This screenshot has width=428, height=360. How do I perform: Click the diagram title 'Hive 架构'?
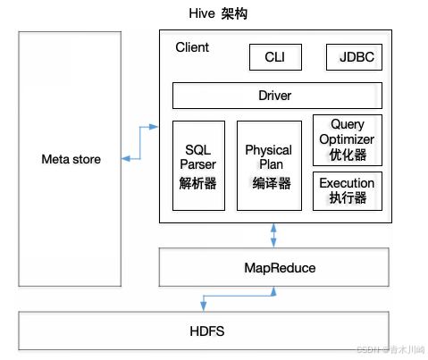coord(218,13)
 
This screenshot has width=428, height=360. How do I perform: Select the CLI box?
coord(275,57)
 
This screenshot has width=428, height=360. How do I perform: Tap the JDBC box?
coord(354,57)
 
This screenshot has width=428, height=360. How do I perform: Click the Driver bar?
coord(277,96)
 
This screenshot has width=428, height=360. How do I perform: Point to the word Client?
coord(192,47)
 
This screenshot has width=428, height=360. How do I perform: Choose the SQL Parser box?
coord(198,165)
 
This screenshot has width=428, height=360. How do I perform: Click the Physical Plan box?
coord(269,165)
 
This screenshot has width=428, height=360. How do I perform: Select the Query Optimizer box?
coord(348,140)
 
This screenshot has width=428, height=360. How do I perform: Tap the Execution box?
coord(348,191)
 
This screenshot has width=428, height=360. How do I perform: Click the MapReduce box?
coord(273,267)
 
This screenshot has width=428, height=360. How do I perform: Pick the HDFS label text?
coord(207,331)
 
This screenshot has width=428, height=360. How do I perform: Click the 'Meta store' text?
coord(71,159)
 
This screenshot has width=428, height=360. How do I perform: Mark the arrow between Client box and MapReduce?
coord(273,235)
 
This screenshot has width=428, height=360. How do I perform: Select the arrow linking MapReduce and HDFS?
coord(239,296)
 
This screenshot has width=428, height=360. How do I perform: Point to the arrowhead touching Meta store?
coord(126,159)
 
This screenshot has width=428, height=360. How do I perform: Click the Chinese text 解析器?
coord(197,183)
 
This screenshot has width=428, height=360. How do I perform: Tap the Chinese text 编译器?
coord(272,183)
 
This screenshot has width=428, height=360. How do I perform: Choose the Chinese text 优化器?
coord(348,155)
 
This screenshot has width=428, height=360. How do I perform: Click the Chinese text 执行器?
coord(348,197)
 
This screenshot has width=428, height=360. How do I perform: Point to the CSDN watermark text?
coord(390,349)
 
